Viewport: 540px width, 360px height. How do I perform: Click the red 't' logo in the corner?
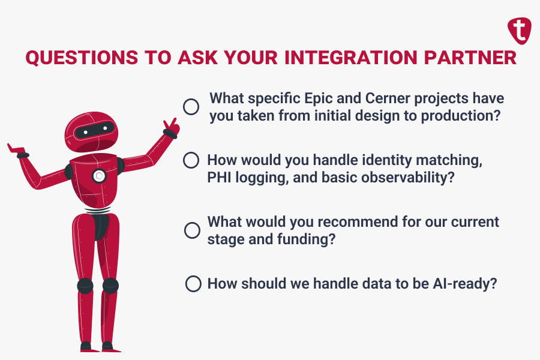point(520,30)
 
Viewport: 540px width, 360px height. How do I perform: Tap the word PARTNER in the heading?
point(472,59)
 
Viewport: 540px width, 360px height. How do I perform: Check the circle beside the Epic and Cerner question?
point(191,107)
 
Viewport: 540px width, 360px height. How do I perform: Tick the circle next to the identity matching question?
point(191,160)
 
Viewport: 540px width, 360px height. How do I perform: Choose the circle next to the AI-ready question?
point(193,284)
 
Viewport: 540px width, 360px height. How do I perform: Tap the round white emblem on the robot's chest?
point(99,176)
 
